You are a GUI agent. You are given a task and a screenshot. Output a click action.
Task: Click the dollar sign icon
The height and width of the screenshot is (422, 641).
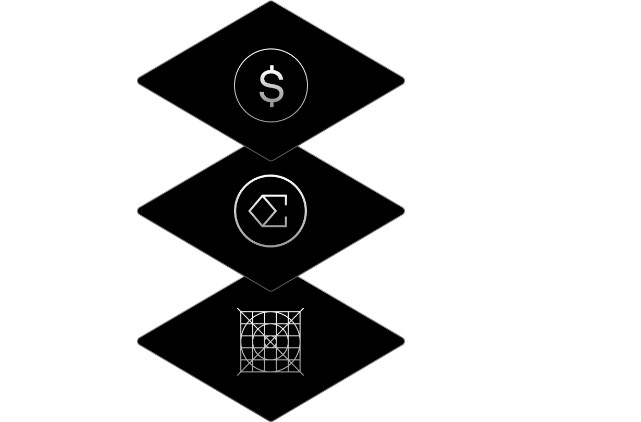(x=271, y=85)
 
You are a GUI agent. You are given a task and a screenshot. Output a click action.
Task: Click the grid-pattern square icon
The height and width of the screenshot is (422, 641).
(x=270, y=341)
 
